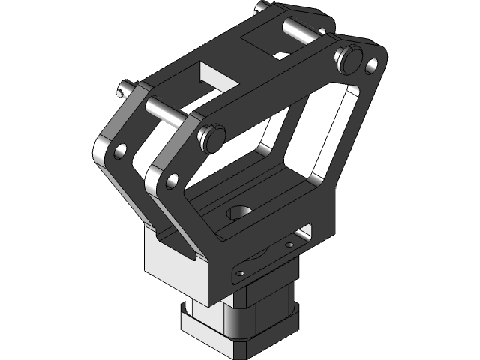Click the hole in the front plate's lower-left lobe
point(172,180)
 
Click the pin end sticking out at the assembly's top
point(259,9)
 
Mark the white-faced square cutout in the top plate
point(211,76)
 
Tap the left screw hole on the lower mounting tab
point(240,273)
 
